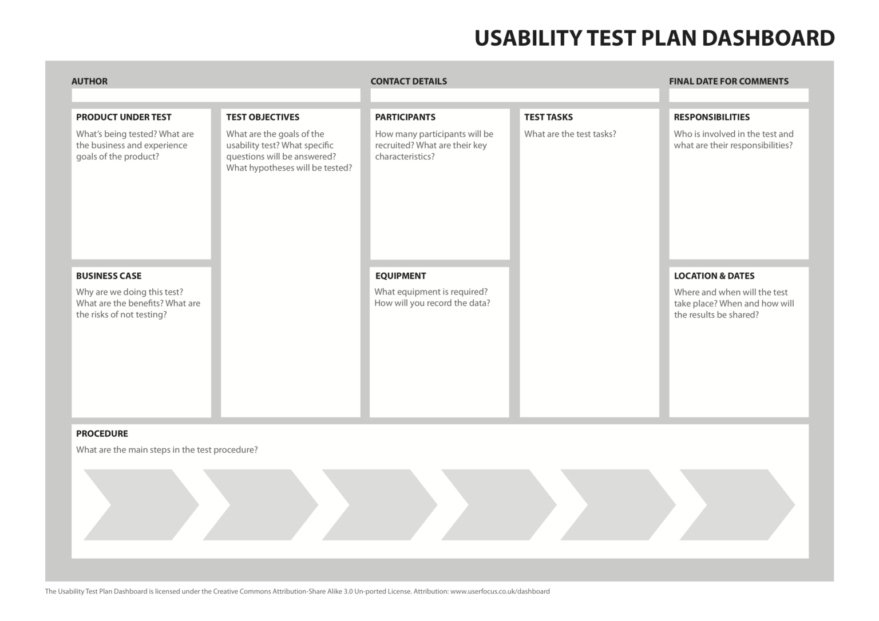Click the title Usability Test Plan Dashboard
(654, 38)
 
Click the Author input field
(216, 95)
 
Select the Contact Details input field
(514, 95)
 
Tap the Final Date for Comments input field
(738, 95)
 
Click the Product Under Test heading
(124, 117)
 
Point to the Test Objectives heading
(263, 117)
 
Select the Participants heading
(405, 117)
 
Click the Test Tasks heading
(548, 117)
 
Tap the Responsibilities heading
(711, 117)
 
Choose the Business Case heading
(109, 276)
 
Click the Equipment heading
(401, 276)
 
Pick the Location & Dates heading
(714, 276)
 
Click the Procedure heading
(102, 433)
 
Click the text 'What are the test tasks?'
(570, 134)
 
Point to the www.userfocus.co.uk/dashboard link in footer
(500, 591)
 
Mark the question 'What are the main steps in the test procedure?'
(167, 450)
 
